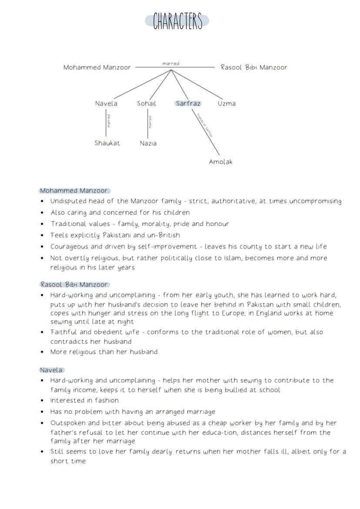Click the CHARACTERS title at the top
tap(177, 21)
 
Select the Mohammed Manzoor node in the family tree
tap(97, 67)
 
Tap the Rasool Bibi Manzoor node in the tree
tap(253, 67)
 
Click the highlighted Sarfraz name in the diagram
tap(188, 103)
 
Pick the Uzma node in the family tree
tap(227, 103)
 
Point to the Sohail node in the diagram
tap(147, 103)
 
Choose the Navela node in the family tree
tap(106, 103)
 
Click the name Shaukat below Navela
tap(107, 143)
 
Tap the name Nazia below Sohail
tap(148, 143)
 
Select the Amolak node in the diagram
tap(220, 162)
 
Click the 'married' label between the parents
tap(170, 63)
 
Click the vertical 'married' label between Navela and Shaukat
tap(109, 121)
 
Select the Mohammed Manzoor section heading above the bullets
tap(73, 190)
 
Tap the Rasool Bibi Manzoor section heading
tap(73, 284)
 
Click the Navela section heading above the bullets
tap(51, 370)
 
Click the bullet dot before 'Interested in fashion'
tap(42, 401)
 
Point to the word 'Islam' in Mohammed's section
tap(234, 258)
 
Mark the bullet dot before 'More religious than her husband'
tap(42, 352)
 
